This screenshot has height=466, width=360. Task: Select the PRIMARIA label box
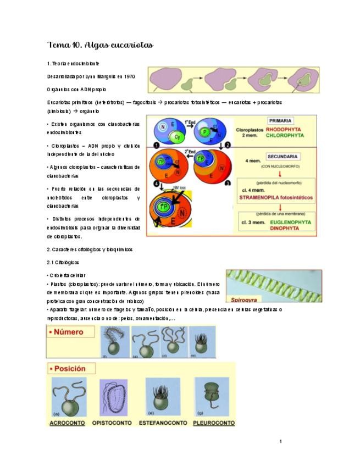pos(281,120)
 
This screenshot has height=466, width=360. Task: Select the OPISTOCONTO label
pos(113,423)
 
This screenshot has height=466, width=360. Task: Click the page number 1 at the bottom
pos(280,441)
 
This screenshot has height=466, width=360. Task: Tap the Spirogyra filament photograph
pos(265,284)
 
